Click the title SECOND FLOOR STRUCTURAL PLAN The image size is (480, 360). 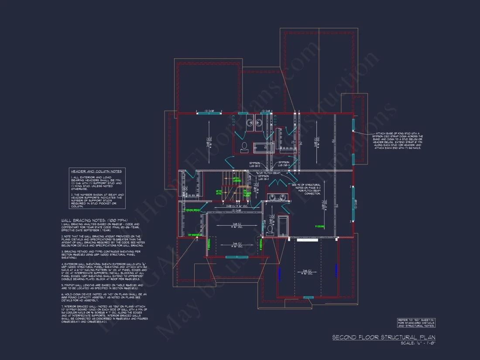384,337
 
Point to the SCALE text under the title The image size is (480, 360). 418,343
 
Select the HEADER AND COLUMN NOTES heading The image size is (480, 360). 96,171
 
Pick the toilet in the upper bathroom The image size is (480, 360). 244,147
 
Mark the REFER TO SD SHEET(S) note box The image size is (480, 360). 416,323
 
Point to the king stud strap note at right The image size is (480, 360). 397,141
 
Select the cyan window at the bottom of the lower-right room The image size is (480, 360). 309,298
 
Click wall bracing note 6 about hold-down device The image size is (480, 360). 105,297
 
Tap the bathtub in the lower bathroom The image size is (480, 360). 283,225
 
